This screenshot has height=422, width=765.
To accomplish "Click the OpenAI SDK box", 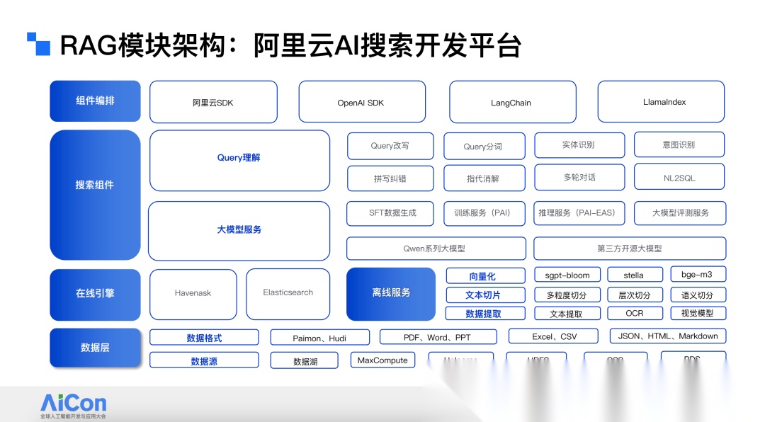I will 361,102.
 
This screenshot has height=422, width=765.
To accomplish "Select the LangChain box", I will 511,102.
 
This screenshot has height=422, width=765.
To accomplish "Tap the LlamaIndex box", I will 661,102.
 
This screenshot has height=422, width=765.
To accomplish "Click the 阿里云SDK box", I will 212,102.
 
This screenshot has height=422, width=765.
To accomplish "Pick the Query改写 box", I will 390,146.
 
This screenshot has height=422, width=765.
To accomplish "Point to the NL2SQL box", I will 679,177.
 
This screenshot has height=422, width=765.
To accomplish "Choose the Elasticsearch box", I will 288,293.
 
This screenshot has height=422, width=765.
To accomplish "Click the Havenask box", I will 193,293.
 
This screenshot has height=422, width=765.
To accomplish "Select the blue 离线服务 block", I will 391,293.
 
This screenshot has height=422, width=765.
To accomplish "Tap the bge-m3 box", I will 698,275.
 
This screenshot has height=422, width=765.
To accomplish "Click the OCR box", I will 634,313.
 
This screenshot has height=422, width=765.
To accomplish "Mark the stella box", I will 634,275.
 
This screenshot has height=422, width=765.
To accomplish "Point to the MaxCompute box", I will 382,360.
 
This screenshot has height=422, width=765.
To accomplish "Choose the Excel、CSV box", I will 554,336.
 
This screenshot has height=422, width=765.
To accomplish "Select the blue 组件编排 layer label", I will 95,101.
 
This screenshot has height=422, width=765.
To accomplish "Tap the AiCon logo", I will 73,404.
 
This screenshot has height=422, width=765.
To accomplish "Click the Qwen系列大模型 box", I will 436,249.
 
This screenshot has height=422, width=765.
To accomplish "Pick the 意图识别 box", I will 679,145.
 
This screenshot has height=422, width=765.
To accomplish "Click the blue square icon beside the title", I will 38,44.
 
